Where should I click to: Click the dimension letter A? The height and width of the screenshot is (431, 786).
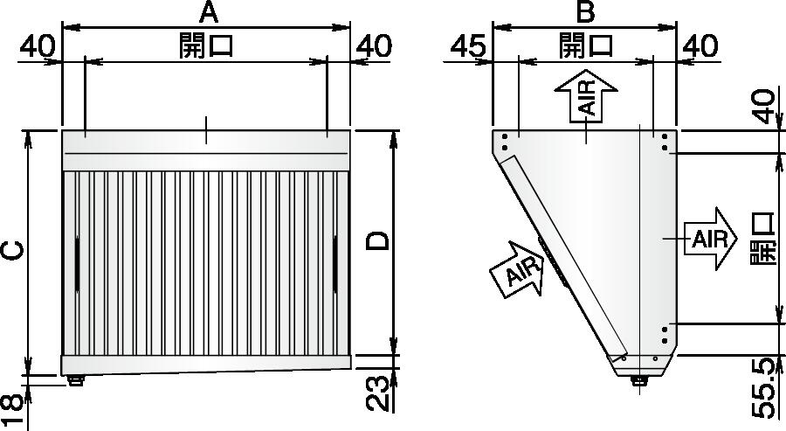209,12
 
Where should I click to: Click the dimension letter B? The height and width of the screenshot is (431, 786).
585,12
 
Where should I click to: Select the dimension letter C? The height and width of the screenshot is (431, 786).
14,250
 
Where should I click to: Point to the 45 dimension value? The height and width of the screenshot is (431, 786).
468,46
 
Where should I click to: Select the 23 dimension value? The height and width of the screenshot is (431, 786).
377,393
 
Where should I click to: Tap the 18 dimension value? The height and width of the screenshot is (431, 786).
12,410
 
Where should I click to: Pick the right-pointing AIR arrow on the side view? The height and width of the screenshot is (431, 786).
710,239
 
